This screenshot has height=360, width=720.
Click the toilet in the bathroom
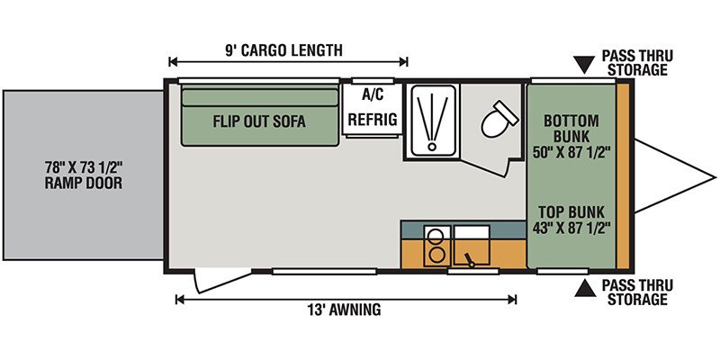(x=499, y=119)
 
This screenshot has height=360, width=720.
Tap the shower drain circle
(x=431, y=147)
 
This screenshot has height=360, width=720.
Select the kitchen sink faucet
(x=470, y=259)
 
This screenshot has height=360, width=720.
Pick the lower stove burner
(x=434, y=255)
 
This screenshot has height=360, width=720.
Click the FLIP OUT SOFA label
(x=259, y=121)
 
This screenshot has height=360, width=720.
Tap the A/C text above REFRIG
(x=373, y=95)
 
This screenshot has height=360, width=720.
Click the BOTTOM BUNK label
(x=571, y=129)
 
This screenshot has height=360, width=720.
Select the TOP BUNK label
(x=571, y=212)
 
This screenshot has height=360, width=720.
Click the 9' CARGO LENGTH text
(x=283, y=49)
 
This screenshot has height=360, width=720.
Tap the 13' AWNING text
(x=345, y=310)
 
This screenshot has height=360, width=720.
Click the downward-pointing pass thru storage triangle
(x=584, y=65)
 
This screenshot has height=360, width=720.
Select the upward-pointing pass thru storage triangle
(x=584, y=287)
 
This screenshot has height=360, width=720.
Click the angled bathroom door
(x=488, y=168)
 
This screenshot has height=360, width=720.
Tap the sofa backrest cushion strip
(x=260, y=97)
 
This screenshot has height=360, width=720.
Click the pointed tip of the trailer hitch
(x=715, y=176)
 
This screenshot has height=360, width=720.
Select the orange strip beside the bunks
(x=622, y=175)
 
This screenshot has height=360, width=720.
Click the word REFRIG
(x=373, y=120)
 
